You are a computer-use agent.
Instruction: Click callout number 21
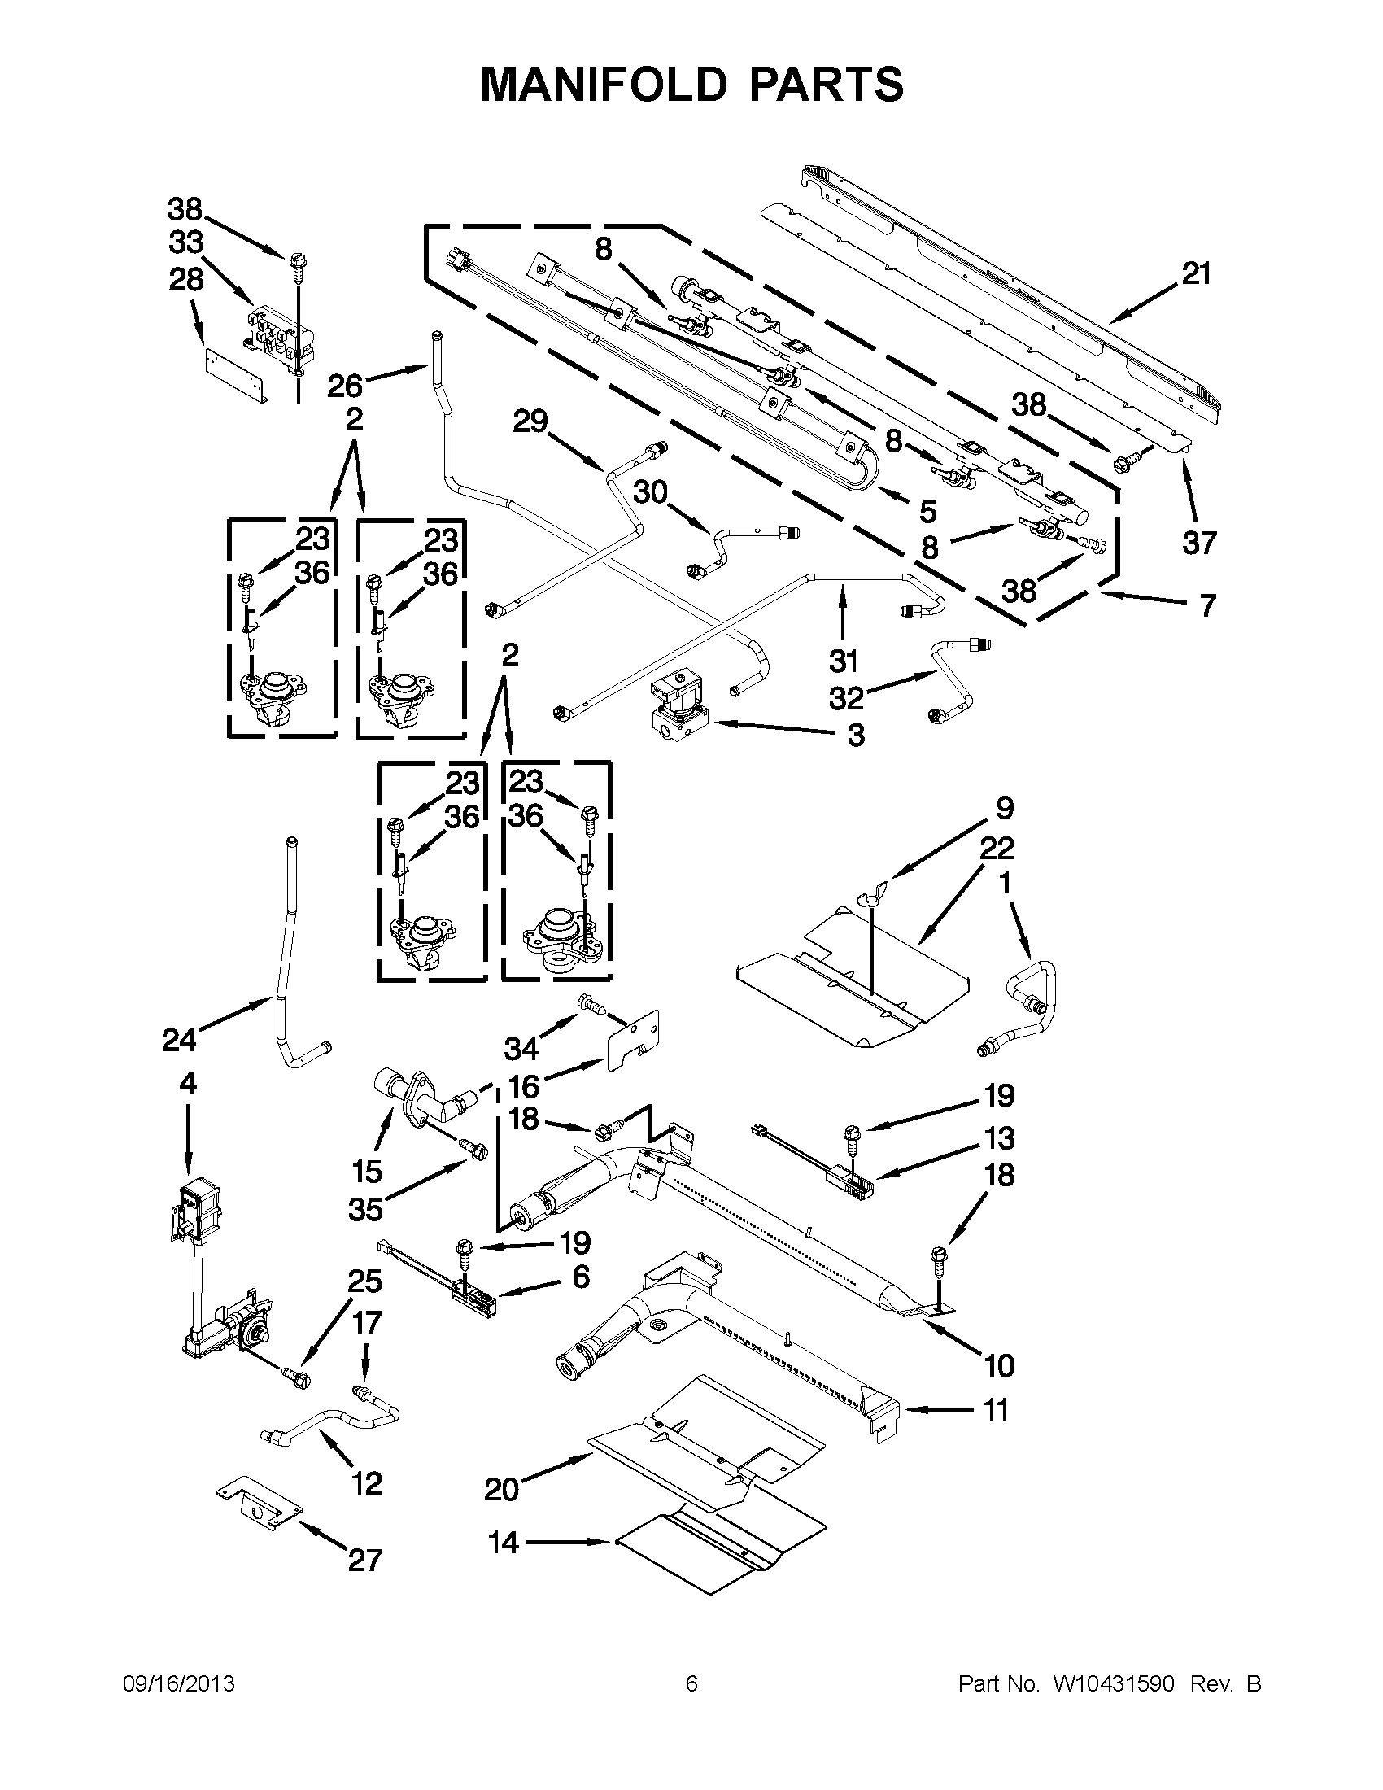[x=1195, y=273]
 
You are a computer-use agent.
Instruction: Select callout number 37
[x=1198, y=543]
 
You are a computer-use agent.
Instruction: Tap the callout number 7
[x=1207, y=606]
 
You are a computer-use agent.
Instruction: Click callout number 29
[x=530, y=422]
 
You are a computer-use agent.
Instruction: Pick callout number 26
[x=345, y=384]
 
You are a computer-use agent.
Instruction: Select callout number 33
[x=186, y=243]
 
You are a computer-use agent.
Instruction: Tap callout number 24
[x=179, y=1040]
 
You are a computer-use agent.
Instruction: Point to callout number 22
[x=997, y=849]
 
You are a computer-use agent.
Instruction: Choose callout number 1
[x=1005, y=883]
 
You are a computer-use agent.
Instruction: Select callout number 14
[x=503, y=1543]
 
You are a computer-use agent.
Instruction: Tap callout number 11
[x=996, y=1411]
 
